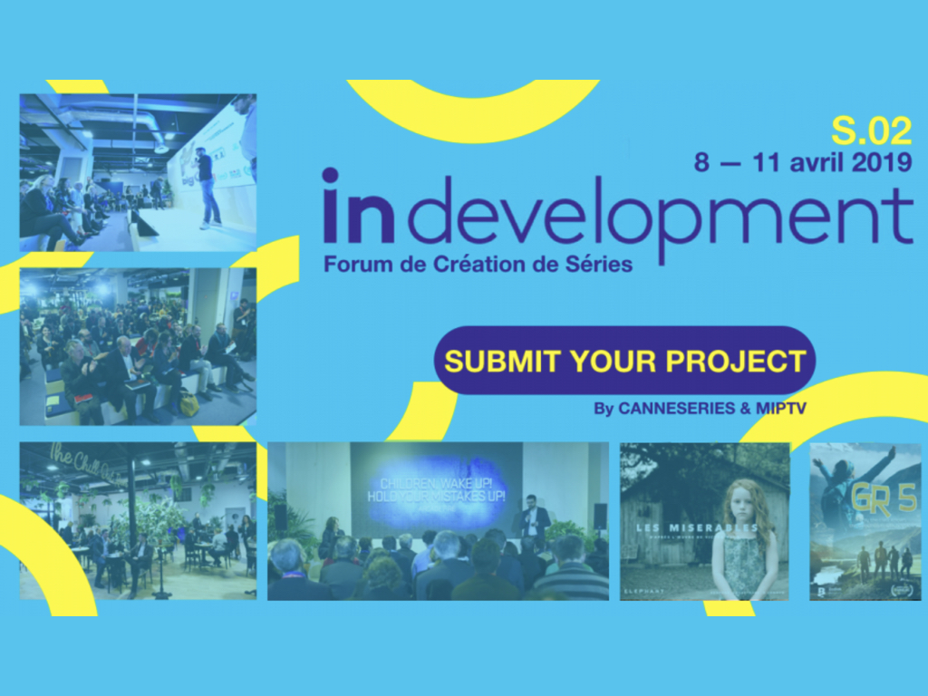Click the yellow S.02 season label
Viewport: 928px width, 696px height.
(871, 132)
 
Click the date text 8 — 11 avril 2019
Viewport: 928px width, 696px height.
(803, 163)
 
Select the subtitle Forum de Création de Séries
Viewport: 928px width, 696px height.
(478, 265)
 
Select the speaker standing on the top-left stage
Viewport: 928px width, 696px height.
(208, 186)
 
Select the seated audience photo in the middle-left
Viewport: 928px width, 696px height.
(138, 346)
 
